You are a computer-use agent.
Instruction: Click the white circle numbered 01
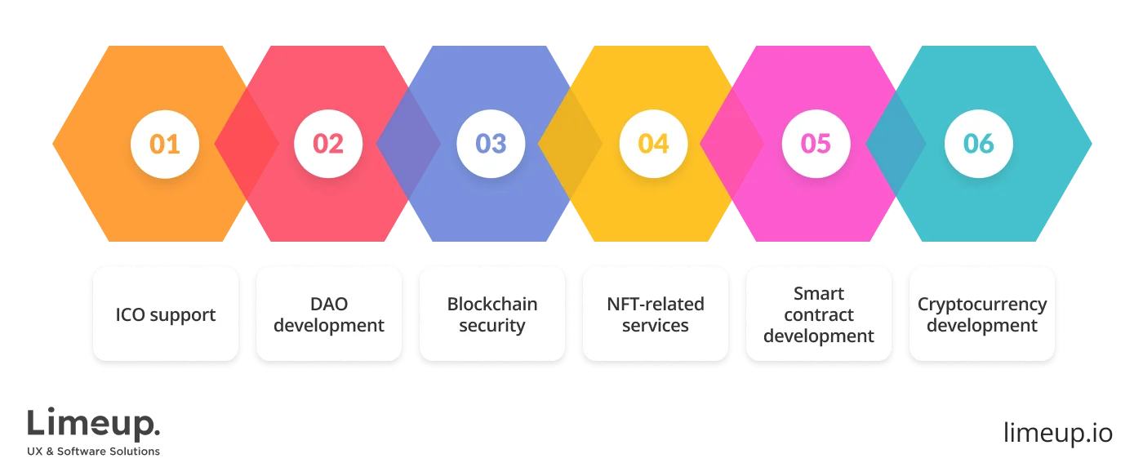point(165,144)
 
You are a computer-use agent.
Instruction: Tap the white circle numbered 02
point(327,144)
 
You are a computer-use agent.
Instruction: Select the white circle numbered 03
point(491,144)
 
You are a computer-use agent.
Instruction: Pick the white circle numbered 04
point(653,144)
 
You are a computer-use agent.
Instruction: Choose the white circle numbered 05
point(816,144)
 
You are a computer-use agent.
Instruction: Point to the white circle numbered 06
point(978,144)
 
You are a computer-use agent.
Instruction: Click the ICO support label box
point(166,314)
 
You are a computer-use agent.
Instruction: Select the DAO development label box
point(328,314)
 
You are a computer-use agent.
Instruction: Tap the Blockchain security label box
point(491,314)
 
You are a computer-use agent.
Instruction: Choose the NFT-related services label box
point(655,314)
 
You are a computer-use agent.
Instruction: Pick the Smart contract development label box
point(818,314)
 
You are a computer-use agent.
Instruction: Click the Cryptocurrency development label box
point(981,314)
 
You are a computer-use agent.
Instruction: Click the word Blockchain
point(491,304)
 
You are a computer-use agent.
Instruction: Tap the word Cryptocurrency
point(981,304)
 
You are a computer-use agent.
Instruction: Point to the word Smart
point(818,293)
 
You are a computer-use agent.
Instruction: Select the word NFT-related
point(655,304)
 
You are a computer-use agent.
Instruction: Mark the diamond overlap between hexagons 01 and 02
point(246,144)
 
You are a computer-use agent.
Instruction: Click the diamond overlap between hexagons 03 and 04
point(571,144)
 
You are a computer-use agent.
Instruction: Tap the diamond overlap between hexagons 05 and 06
point(896,144)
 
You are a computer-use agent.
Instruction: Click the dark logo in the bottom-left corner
point(94,429)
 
